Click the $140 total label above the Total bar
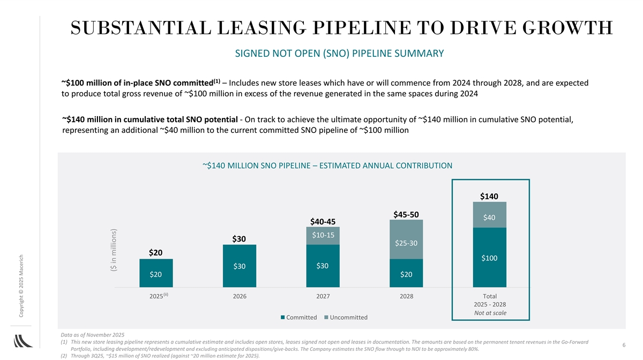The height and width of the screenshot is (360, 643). (490, 197)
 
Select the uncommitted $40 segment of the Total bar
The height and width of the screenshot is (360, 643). (490, 216)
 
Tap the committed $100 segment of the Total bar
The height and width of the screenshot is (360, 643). (490, 258)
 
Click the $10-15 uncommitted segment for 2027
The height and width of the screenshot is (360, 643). (323, 235)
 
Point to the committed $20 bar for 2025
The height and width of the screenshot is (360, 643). (156, 274)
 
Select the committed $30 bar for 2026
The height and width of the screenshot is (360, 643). (239, 266)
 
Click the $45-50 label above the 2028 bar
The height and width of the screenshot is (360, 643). (406, 214)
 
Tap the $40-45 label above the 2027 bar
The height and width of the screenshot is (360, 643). (323, 222)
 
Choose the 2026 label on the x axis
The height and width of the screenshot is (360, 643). (239, 296)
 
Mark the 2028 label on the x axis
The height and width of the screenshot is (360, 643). (406, 296)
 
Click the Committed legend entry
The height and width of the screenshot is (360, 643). (298, 318)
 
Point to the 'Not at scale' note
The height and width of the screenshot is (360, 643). (490, 313)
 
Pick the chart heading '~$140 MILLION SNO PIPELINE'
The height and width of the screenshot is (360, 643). (327, 166)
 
